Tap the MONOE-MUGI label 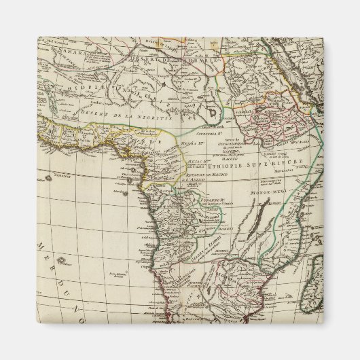(x=269, y=193)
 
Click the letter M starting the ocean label (x=40, y=246)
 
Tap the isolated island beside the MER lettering (x=61, y=259)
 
